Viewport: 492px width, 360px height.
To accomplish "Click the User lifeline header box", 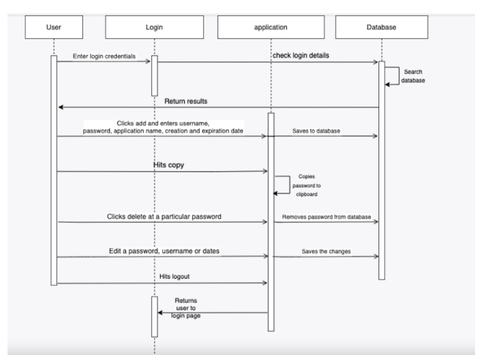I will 54,26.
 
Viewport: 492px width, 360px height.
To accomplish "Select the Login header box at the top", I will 154,26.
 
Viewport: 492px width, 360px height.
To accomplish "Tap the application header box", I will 270,26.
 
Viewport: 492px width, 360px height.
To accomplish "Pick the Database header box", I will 382,26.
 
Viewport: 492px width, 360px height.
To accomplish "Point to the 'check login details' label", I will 301,56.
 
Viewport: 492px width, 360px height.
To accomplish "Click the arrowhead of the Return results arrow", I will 61,107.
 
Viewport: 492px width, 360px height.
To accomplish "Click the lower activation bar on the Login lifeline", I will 154,317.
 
